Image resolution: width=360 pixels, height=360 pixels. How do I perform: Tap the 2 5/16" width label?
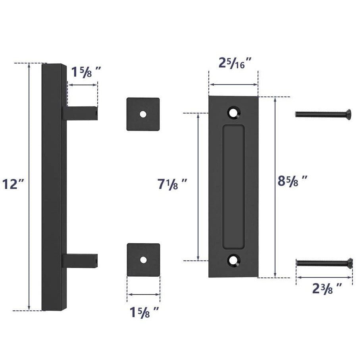coord(235,63)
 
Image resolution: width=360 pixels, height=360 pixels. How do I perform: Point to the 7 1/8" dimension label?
coord(172,185)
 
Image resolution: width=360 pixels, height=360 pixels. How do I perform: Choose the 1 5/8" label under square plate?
coord(144,312)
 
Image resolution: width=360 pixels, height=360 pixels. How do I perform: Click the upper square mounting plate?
coord(143,114)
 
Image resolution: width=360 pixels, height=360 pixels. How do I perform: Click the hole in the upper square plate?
coord(143,114)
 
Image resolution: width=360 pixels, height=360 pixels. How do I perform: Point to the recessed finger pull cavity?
coord(233,187)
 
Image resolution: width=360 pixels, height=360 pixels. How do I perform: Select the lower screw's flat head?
coord(349,262)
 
